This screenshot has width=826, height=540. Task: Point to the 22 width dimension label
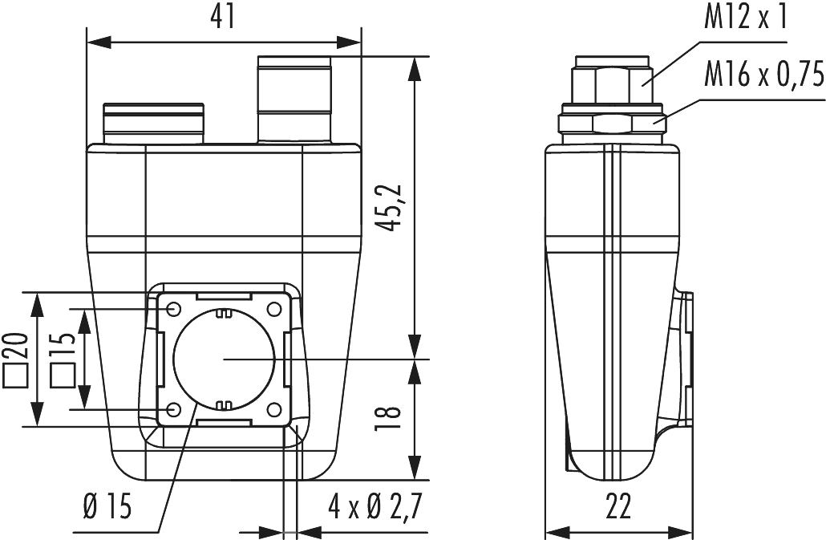pyautogui.click(x=618, y=507)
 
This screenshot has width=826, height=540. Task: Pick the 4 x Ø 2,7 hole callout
pyautogui.click(x=375, y=507)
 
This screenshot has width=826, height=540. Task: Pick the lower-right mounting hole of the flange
pyautogui.click(x=275, y=411)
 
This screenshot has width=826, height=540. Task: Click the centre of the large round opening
pyautogui.click(x=225, y=360)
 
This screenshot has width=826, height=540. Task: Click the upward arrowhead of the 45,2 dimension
pyautogui.click(x=415, y=67)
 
